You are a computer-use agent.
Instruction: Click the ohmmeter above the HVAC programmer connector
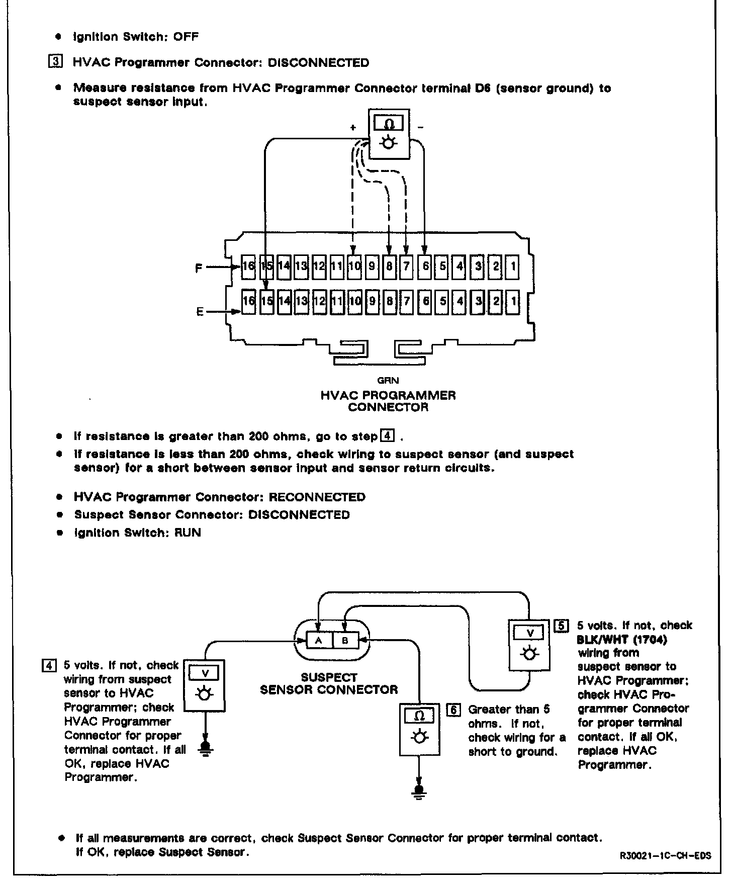tap(389, 133)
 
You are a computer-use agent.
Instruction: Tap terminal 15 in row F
tap(267, 266)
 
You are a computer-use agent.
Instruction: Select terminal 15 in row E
tap(267, 301)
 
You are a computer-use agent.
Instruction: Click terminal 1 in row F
tap(513, 266)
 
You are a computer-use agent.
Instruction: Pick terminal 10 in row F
tap(354, 266)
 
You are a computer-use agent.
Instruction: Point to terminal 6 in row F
tap(425, 266)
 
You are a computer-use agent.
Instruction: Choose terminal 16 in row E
tap(248, 301)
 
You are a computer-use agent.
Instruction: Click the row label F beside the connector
tap(199, 268)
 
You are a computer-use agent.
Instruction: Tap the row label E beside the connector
tap(200, 312)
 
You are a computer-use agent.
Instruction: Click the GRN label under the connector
tap(388, 381)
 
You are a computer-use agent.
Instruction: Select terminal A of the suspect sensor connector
tap(318, 641)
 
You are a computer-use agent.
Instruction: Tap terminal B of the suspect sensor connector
tap(345, 641)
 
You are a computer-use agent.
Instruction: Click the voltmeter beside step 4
tap(204, 685)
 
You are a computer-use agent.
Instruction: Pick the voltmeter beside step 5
tap(529, 645)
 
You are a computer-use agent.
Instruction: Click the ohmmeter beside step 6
tap(420, 729)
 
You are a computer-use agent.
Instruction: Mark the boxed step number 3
tap(55, 63)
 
